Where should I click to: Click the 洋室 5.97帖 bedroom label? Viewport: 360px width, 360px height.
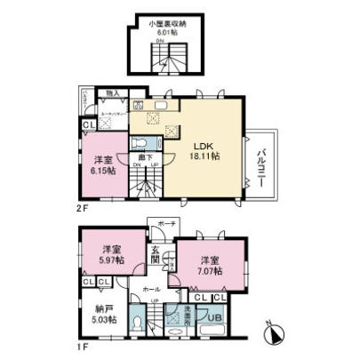point(111,252)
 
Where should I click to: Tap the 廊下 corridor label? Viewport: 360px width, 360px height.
point(142,156)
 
